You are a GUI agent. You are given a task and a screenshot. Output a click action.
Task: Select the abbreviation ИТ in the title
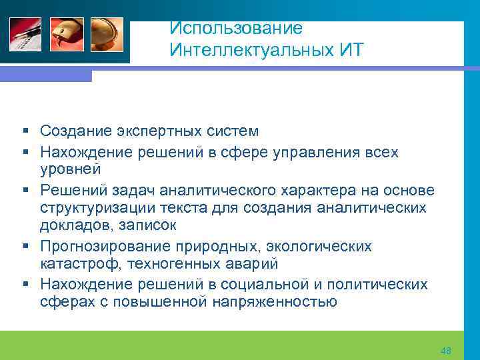pos(346,50)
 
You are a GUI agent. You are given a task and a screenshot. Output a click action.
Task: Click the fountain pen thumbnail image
pos(25,33)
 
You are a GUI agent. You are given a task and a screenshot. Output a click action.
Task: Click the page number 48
pos(446,351)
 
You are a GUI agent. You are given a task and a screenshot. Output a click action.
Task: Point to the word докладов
pos(71,227)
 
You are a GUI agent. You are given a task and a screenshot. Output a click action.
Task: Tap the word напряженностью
pos(275,303)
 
